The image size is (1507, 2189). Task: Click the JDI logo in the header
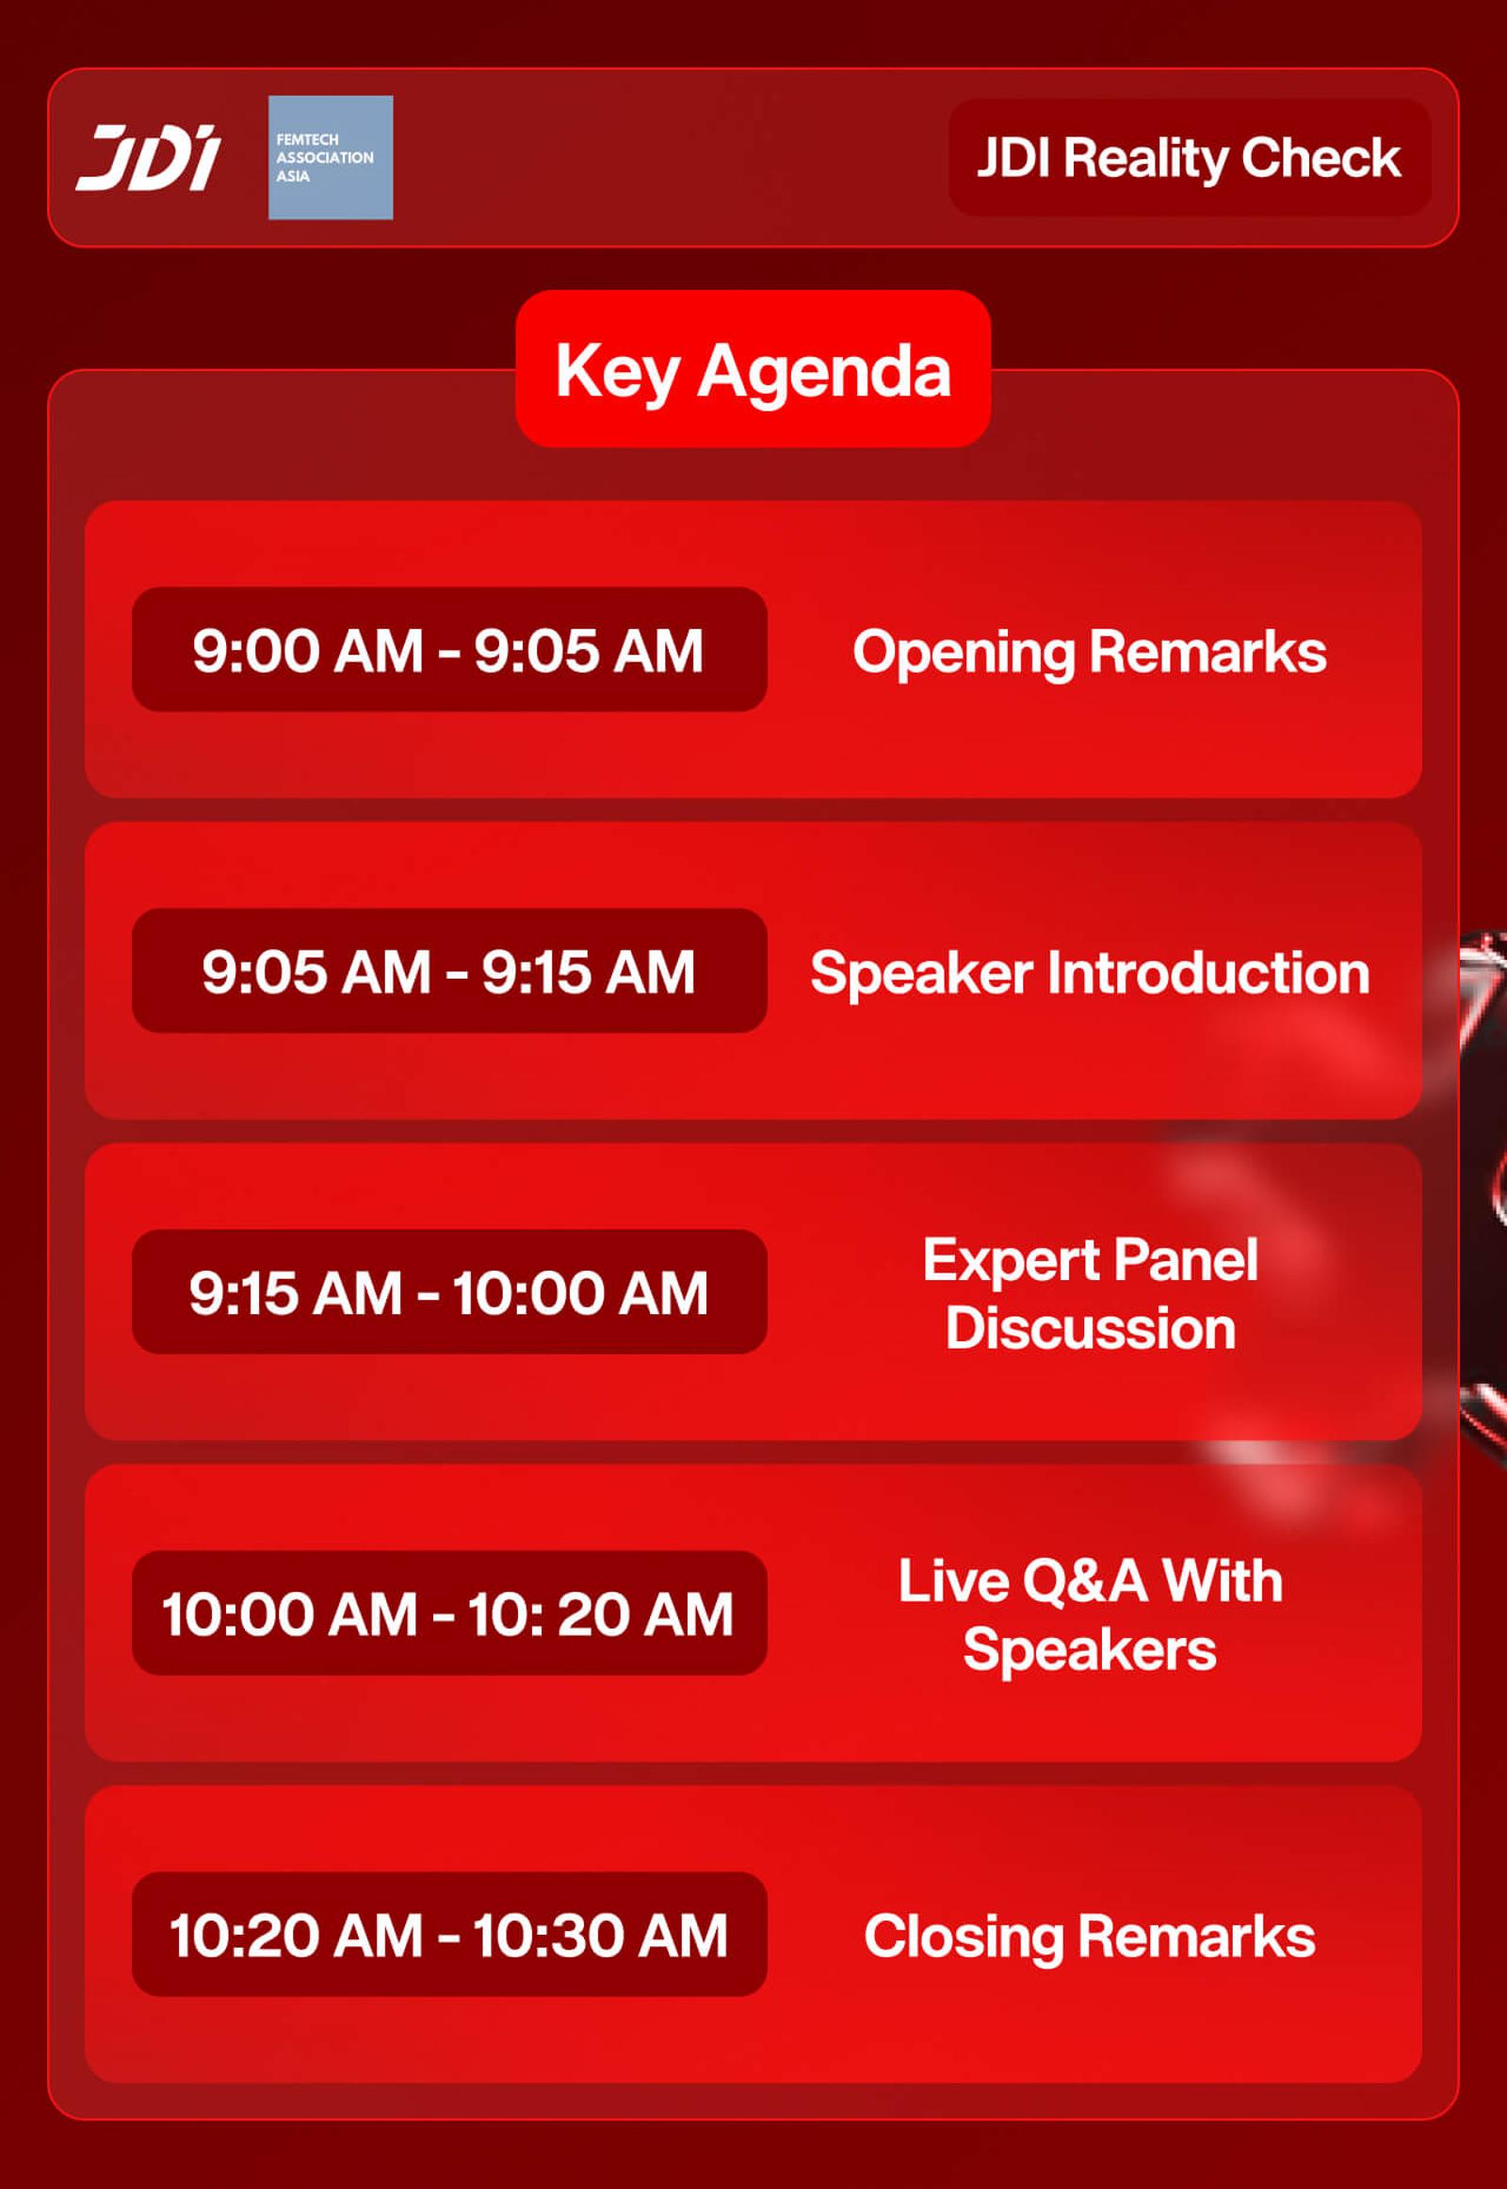(148, 157)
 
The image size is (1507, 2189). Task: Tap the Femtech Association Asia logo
(331, 157)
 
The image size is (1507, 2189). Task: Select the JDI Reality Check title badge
(1189, 157)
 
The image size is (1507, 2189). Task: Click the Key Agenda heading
(753, 369)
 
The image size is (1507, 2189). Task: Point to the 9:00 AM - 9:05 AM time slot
(449, 650)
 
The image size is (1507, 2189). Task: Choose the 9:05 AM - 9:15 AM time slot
(449, 971)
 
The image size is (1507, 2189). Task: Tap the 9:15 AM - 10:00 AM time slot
(449, 1292)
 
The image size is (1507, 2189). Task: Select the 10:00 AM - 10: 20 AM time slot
(449, 1613)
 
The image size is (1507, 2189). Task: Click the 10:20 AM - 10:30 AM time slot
(449, 1934)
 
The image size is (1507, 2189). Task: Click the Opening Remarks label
(1090, 653)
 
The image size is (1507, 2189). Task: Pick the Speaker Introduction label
(1090, 973)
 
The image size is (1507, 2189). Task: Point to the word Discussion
(1091, 1329)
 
